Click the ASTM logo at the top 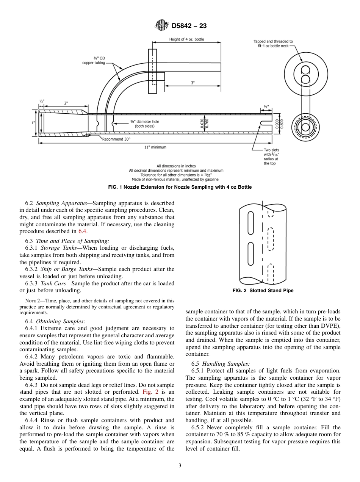162,26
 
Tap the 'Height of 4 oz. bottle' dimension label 186,39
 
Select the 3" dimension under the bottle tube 193,83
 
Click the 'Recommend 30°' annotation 116,139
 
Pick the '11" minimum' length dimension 155,147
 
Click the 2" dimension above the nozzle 66,103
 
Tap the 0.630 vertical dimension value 202,124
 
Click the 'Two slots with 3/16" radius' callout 271,156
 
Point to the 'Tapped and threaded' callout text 273,44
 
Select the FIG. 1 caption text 180,187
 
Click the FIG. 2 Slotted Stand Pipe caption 263,291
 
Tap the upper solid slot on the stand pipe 250,222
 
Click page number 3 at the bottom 180,466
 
